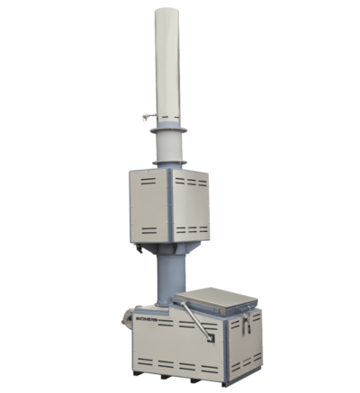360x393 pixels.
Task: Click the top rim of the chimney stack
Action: pos(167,11)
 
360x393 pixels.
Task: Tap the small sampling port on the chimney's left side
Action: pos(145,115)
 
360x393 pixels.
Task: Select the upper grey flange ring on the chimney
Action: pos(168,130)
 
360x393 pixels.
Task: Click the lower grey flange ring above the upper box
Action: pos(169,163)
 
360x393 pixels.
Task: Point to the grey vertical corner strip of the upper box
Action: pos(170,206)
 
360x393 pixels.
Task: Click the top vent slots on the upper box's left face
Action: pos(148,179)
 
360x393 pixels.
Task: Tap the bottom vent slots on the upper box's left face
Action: pos(148,230)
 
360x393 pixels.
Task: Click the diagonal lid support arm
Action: pos(195,320)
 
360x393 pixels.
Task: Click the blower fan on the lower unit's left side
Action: pos(127,317)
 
